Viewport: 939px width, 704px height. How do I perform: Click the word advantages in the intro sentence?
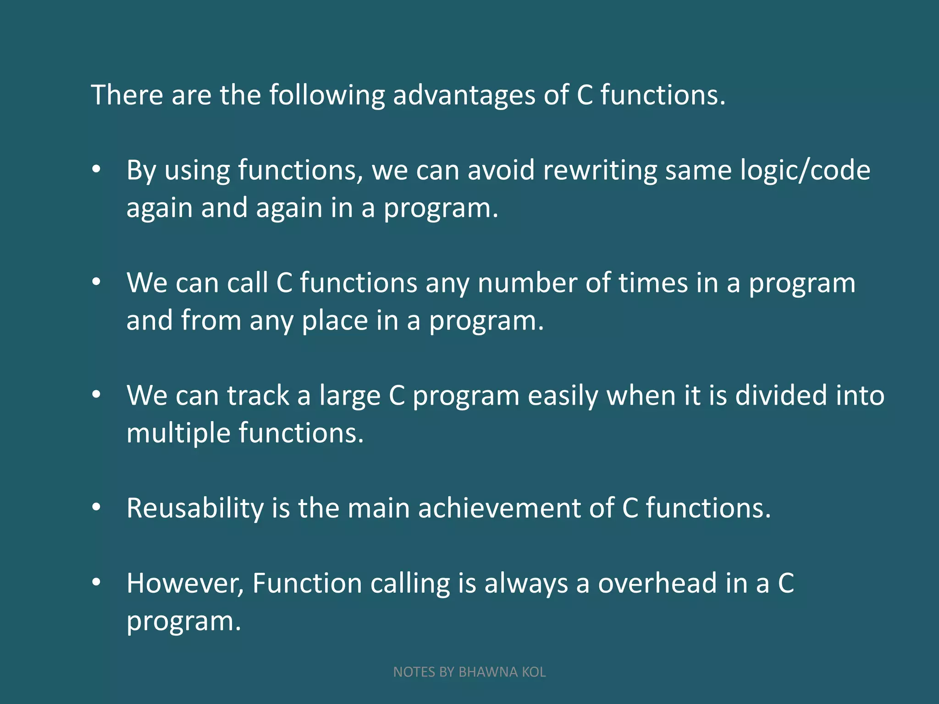pos(464,95)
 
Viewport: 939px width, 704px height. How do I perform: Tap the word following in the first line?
pos(326,95)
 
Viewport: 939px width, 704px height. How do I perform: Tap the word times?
pos(653,283)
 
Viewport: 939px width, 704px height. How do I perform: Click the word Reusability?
pos(195,508)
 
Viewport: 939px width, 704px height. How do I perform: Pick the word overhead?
pos(657,583)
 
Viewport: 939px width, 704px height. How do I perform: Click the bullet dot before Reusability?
pos(96,507)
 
